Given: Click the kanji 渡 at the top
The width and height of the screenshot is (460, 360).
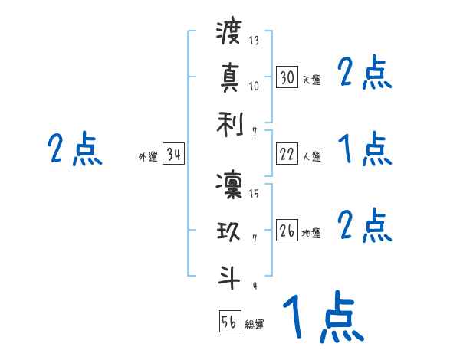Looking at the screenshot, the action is (229, 33).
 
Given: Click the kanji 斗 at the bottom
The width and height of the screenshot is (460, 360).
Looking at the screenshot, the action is (229, 277).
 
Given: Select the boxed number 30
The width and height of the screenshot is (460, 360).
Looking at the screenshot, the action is (287, 77).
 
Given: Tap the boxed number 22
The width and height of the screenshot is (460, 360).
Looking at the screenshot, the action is (287, 154).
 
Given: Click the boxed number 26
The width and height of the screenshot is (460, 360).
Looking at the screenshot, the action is (287, 231).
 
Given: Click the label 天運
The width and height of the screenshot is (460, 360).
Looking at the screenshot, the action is (311, 80).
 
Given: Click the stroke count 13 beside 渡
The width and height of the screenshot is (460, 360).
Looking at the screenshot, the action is (255, 41).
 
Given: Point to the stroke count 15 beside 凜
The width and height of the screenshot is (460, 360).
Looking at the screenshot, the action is (254, 194).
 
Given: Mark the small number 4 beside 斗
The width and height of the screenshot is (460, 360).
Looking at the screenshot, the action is (254, 286).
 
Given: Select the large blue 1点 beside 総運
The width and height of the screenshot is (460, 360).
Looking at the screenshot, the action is (322, 318).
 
